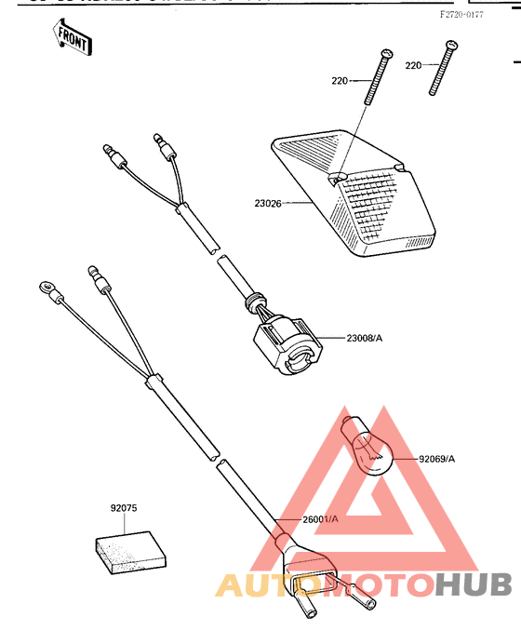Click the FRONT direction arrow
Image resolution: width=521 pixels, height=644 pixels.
(x=72, y=38)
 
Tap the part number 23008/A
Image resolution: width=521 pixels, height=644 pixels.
(x=365, y=339)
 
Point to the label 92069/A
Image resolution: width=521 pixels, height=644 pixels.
(x=437, y=459)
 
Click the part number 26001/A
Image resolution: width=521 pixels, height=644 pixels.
(x=320, y=518)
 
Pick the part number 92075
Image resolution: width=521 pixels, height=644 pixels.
(x=124, y=508)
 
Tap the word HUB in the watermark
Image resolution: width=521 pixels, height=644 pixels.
(x=474, y=584)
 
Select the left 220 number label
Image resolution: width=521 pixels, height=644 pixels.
(x=339, y=81)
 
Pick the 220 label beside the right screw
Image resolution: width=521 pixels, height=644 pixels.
(x=414, y=64)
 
